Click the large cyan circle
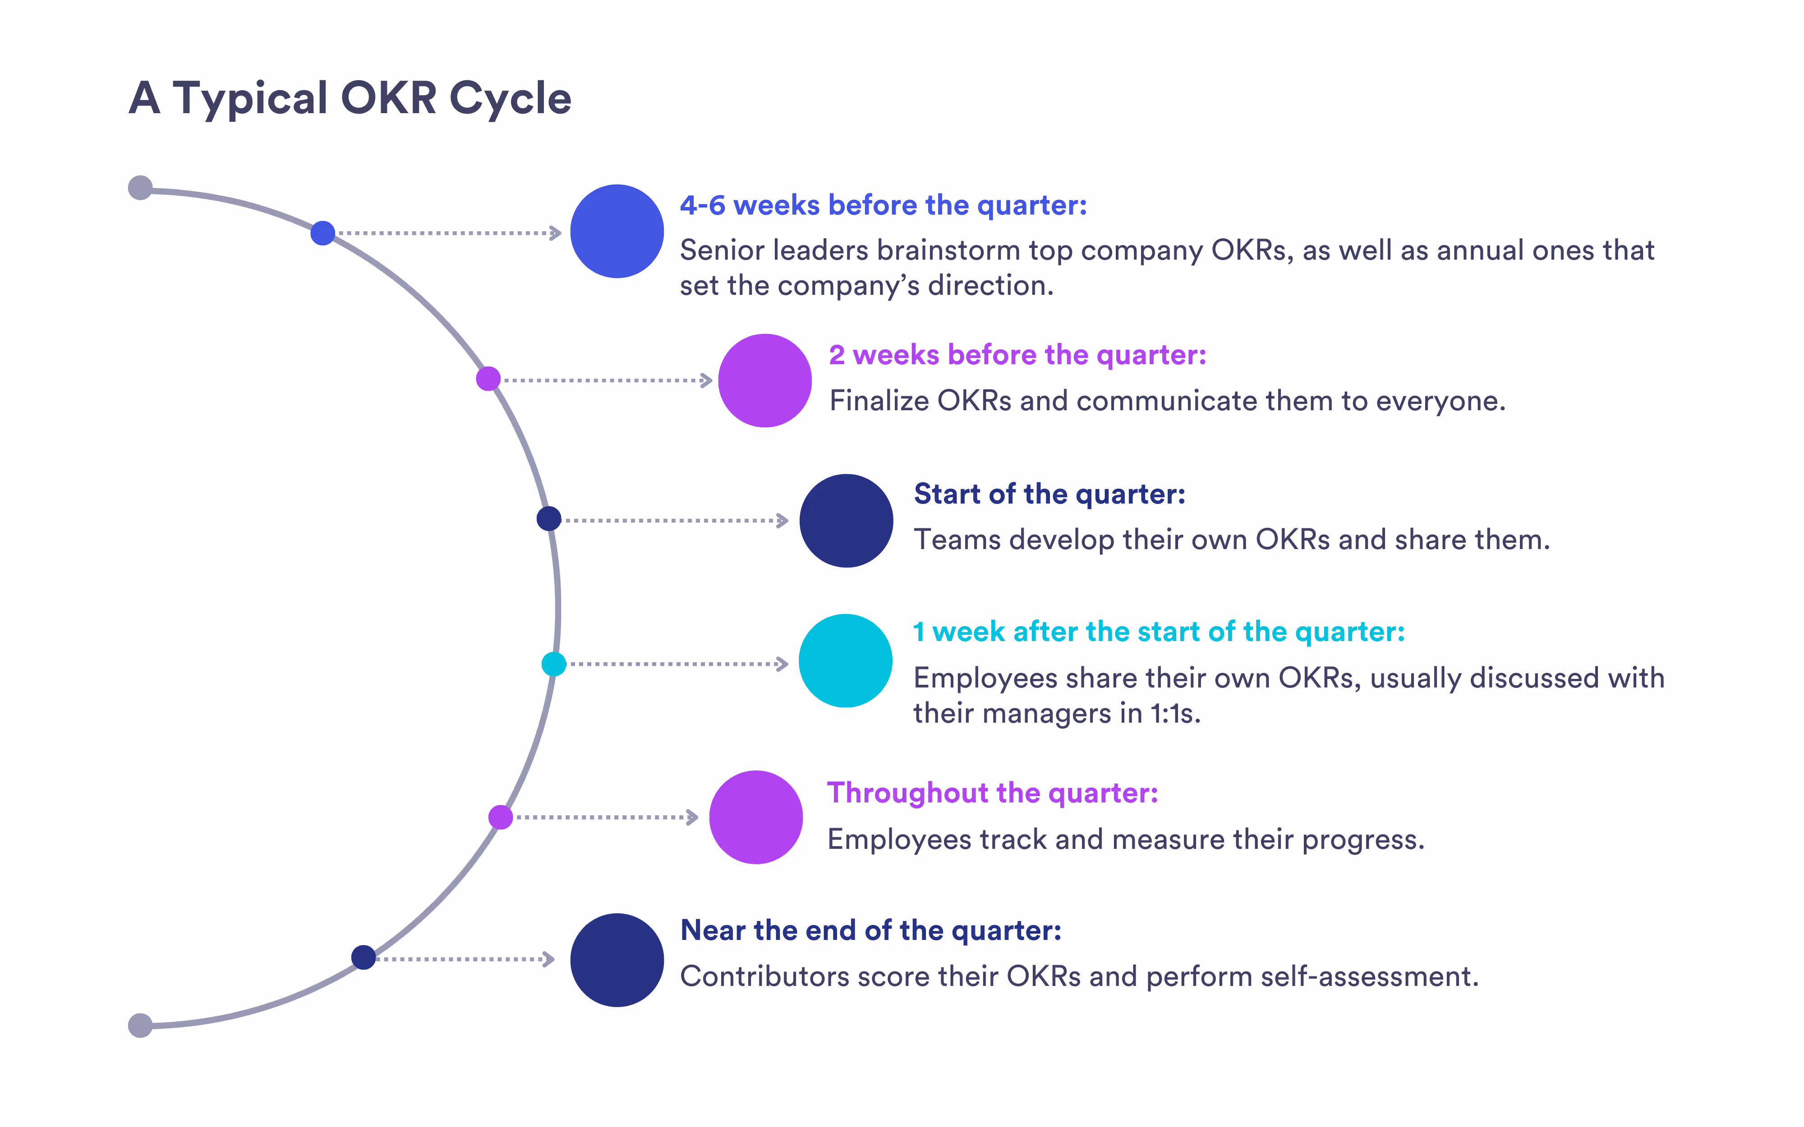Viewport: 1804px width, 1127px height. coord(845,660)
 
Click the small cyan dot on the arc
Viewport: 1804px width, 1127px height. coord(553,664)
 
